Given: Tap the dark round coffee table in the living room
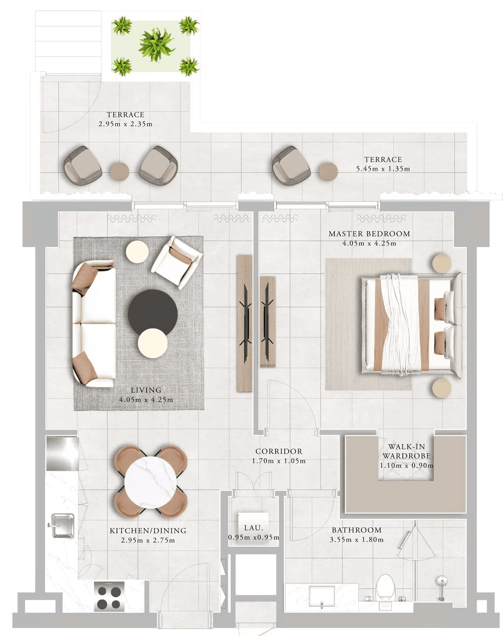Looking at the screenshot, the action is [x=153, y=312].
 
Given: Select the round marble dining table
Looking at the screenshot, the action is [x=150, y=483].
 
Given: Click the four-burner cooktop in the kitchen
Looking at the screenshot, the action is [x=109, y=596].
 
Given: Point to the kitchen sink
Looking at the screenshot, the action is [x=62, y=525].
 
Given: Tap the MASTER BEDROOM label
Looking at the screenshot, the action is [x=369, y=234].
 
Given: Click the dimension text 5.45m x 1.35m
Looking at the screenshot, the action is [x=383, y=169].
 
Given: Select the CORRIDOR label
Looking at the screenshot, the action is [x=279, y=451].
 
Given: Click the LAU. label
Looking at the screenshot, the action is [x=254, y=528].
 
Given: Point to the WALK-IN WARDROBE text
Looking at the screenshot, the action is [x=407, y=451].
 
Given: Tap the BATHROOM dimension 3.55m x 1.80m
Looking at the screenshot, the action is [x=356, y=540].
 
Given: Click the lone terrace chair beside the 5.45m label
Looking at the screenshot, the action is [x=291, y=165].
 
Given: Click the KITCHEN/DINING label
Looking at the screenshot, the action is [x=148, y=531].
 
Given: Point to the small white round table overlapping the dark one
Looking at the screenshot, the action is [x=152, y=343].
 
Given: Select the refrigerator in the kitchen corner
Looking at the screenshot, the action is [x=63, y=454].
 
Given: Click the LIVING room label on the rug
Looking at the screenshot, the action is [x=146, y=390].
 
